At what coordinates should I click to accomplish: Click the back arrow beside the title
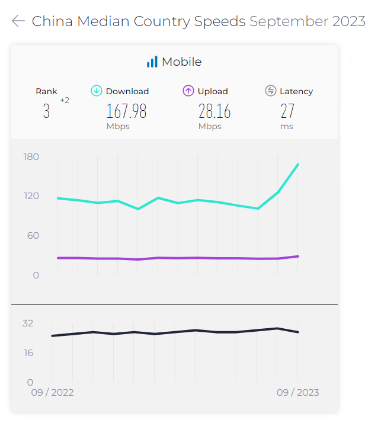18,21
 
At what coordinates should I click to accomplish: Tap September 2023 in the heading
306,21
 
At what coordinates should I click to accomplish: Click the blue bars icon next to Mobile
152,62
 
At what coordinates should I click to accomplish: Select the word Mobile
182,62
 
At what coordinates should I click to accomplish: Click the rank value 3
46,112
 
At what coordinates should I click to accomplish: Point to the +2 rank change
65,100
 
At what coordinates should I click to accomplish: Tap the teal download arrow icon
96,91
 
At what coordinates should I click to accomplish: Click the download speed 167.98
126,111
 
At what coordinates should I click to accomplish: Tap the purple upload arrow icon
188,91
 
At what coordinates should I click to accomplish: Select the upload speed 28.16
214,111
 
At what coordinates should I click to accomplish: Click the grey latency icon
271,91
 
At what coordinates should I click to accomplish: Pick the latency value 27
287,111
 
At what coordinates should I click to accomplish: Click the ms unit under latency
287,126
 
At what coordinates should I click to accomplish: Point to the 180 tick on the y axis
31,156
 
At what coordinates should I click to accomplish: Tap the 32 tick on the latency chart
28,323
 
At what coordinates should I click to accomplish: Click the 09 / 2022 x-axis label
53,392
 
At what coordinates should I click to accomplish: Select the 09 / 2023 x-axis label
297,392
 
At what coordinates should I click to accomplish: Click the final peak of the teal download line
297,164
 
